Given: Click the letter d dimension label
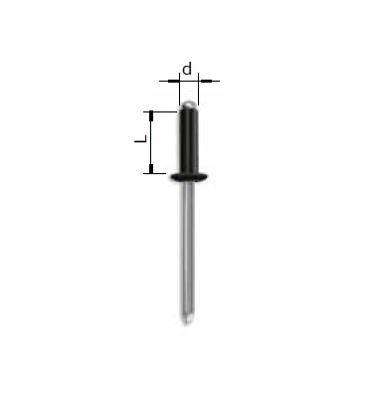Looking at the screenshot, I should point(186,70).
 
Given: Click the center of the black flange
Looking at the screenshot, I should point(188,177).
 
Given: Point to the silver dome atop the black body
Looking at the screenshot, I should point(188,105).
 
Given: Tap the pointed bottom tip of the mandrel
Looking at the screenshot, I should point(188,323).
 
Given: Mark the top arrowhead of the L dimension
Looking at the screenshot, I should point(151,114).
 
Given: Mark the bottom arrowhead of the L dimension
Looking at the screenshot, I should point(151,170).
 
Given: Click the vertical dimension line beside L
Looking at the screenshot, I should point(151,142).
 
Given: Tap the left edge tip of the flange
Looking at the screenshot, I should point(171,177).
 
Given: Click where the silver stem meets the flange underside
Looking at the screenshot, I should point(188,184).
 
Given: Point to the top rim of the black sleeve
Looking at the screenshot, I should point(188,110).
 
